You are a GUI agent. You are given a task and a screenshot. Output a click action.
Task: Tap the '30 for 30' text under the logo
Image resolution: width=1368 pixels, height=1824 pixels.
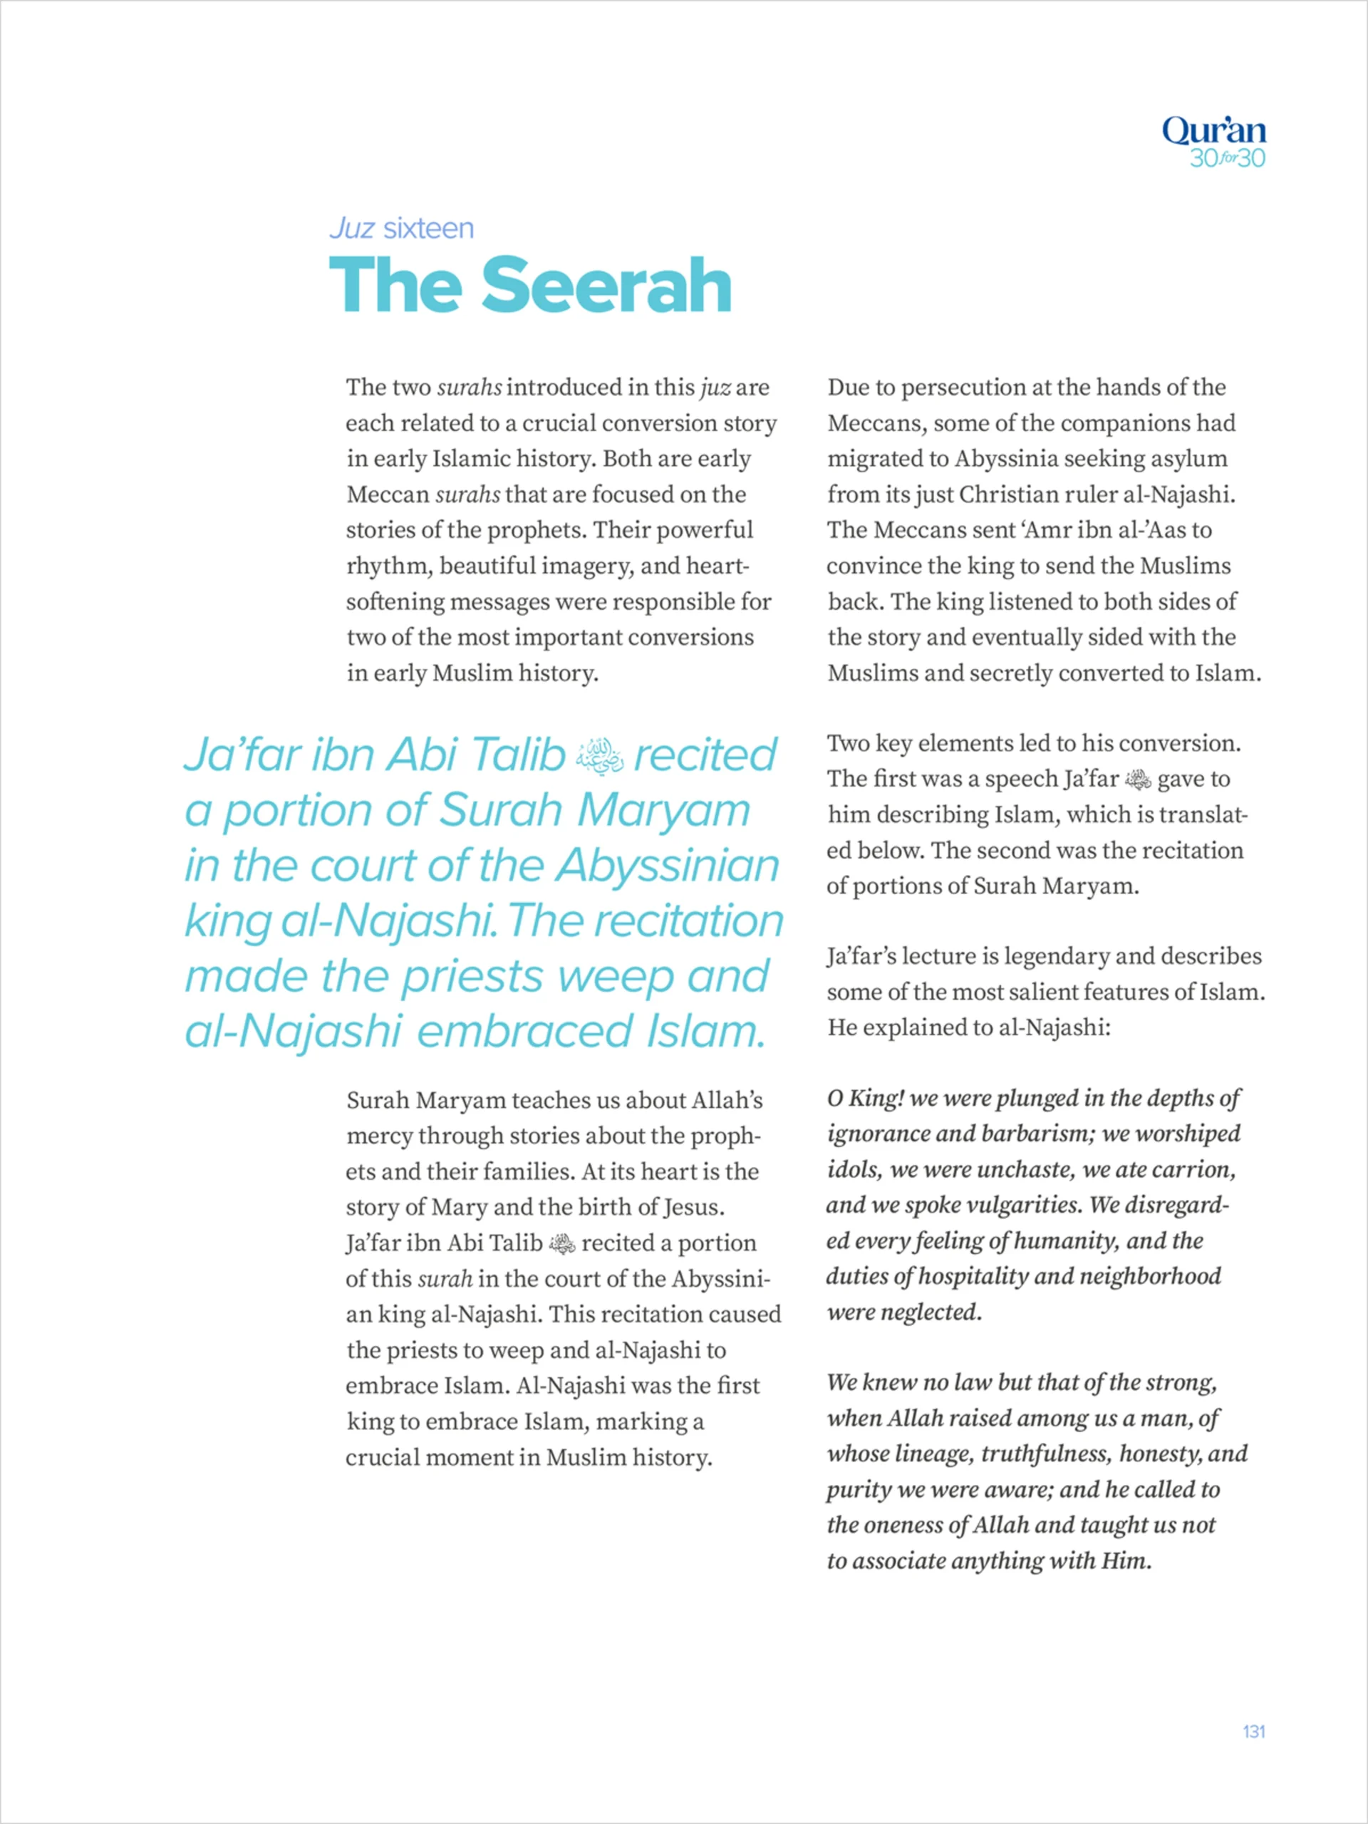[1227, 158]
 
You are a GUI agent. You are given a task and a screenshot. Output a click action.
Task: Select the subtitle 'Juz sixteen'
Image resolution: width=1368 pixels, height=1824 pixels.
[402, 229]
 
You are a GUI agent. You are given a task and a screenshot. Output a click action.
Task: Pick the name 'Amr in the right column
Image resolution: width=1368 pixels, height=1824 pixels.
[1045, 530]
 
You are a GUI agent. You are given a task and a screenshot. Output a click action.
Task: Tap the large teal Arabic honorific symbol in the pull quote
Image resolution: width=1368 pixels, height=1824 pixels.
[599, 755]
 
